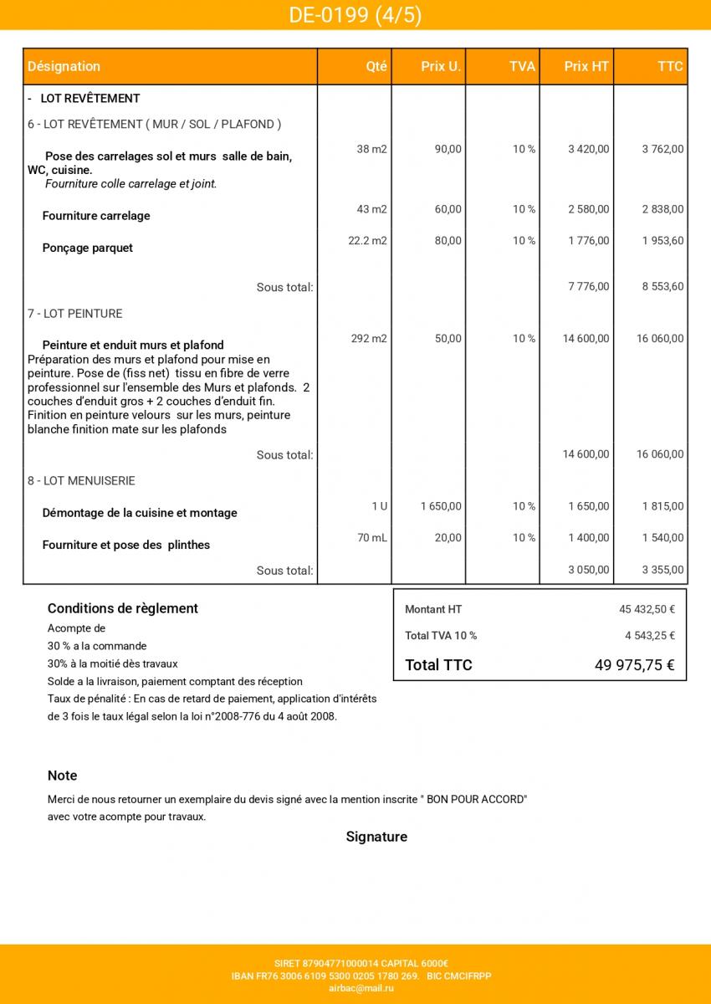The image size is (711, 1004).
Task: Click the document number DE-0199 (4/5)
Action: (x=355, y=15)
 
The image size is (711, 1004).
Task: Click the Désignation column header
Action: (x=64, y=66)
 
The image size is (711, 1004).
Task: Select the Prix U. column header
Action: (x=440, y=66)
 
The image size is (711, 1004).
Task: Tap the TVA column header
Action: (x=522, y=66)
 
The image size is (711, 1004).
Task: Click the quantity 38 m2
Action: (x=372, y=149)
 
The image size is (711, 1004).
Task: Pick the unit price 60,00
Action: (x=448, y=209)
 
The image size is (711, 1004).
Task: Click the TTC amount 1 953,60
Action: (x=662, y=241)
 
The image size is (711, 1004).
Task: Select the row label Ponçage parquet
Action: (x=87, y=248)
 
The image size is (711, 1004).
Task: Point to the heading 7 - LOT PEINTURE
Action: (x=74, y=314)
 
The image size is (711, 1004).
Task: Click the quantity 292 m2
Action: (x=369, y=339)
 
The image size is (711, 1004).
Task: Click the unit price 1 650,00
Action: (x=441, y=506)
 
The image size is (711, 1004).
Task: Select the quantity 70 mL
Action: (x=372, y=538)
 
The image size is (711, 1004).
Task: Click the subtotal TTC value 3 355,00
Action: (x=662, y=571)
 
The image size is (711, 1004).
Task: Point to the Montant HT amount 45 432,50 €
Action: (x=647, y=610)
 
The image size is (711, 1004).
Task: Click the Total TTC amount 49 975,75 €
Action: (x=634, y=665)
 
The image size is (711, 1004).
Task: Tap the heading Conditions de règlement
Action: (x=122, y=608)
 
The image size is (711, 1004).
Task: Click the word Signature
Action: (x=376, y=837)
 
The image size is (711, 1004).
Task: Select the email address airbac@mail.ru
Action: (x=361, y=988)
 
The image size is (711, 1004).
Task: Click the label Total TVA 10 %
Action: (x=441, y=636)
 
